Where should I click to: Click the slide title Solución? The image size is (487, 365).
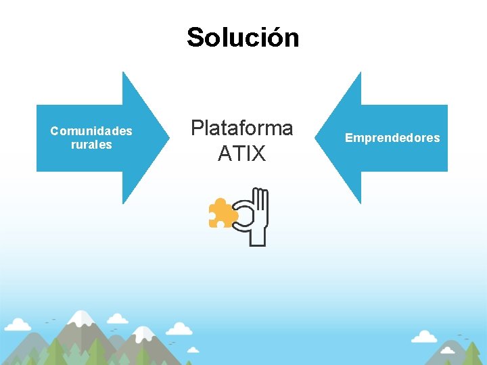[243, 37]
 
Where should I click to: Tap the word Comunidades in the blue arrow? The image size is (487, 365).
[91, 131]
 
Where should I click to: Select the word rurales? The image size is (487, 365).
[91, 145]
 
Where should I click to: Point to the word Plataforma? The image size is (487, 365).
[241, 128]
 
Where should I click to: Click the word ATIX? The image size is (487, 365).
[241, 154]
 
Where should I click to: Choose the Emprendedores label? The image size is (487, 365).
[392, 138]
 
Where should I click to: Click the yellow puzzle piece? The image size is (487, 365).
[222, 213]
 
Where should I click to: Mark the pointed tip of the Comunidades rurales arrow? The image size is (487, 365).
[168, 138]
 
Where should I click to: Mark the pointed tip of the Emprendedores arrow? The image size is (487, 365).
[317, 138]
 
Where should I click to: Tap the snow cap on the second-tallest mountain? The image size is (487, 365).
[144, 333]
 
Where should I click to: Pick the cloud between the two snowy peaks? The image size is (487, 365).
[179, 329]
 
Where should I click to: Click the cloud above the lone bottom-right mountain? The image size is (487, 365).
[424, 336]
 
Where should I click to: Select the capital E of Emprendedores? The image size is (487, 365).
[349, 138]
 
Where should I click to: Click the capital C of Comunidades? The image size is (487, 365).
[54, 131]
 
